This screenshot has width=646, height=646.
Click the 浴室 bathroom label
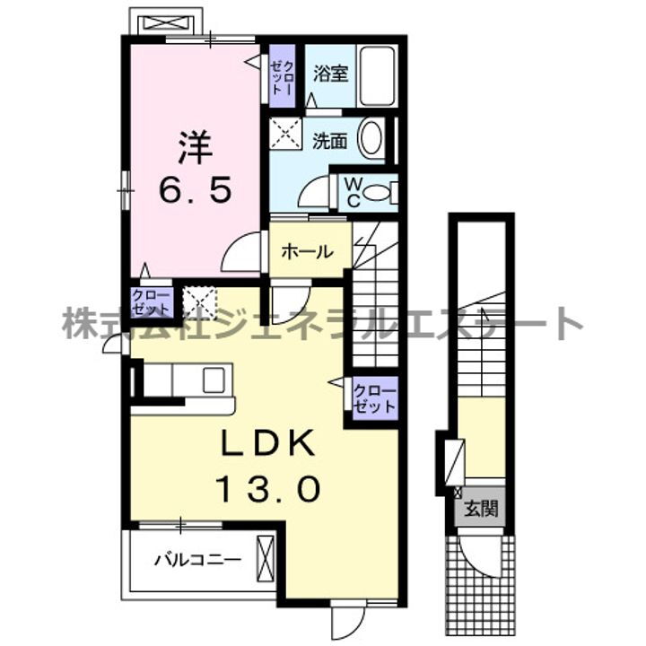(329, 74)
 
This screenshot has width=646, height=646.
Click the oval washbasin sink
(370, 139)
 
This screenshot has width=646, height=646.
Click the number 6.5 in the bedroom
(196, 189)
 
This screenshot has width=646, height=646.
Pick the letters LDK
(266, 444)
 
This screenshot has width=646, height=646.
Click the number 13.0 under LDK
(266, 489)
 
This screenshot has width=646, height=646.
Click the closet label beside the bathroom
(281, 76)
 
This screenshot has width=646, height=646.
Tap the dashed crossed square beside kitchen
(201, 303)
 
